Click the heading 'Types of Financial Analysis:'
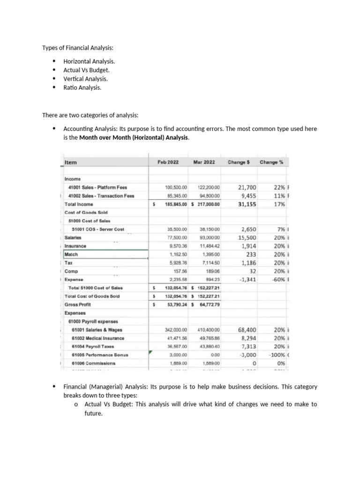(78, 48)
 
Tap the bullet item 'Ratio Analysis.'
(82, 87)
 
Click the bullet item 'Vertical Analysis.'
(86, 79)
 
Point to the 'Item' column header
(71, 162)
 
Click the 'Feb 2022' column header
(169, 162)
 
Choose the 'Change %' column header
(274, 162)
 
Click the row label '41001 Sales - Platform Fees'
(97, 187)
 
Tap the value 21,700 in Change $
(247, 187)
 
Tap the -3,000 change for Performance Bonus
(247, 355)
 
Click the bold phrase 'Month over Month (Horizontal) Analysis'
(134, 137)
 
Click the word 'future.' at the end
(93, 413)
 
